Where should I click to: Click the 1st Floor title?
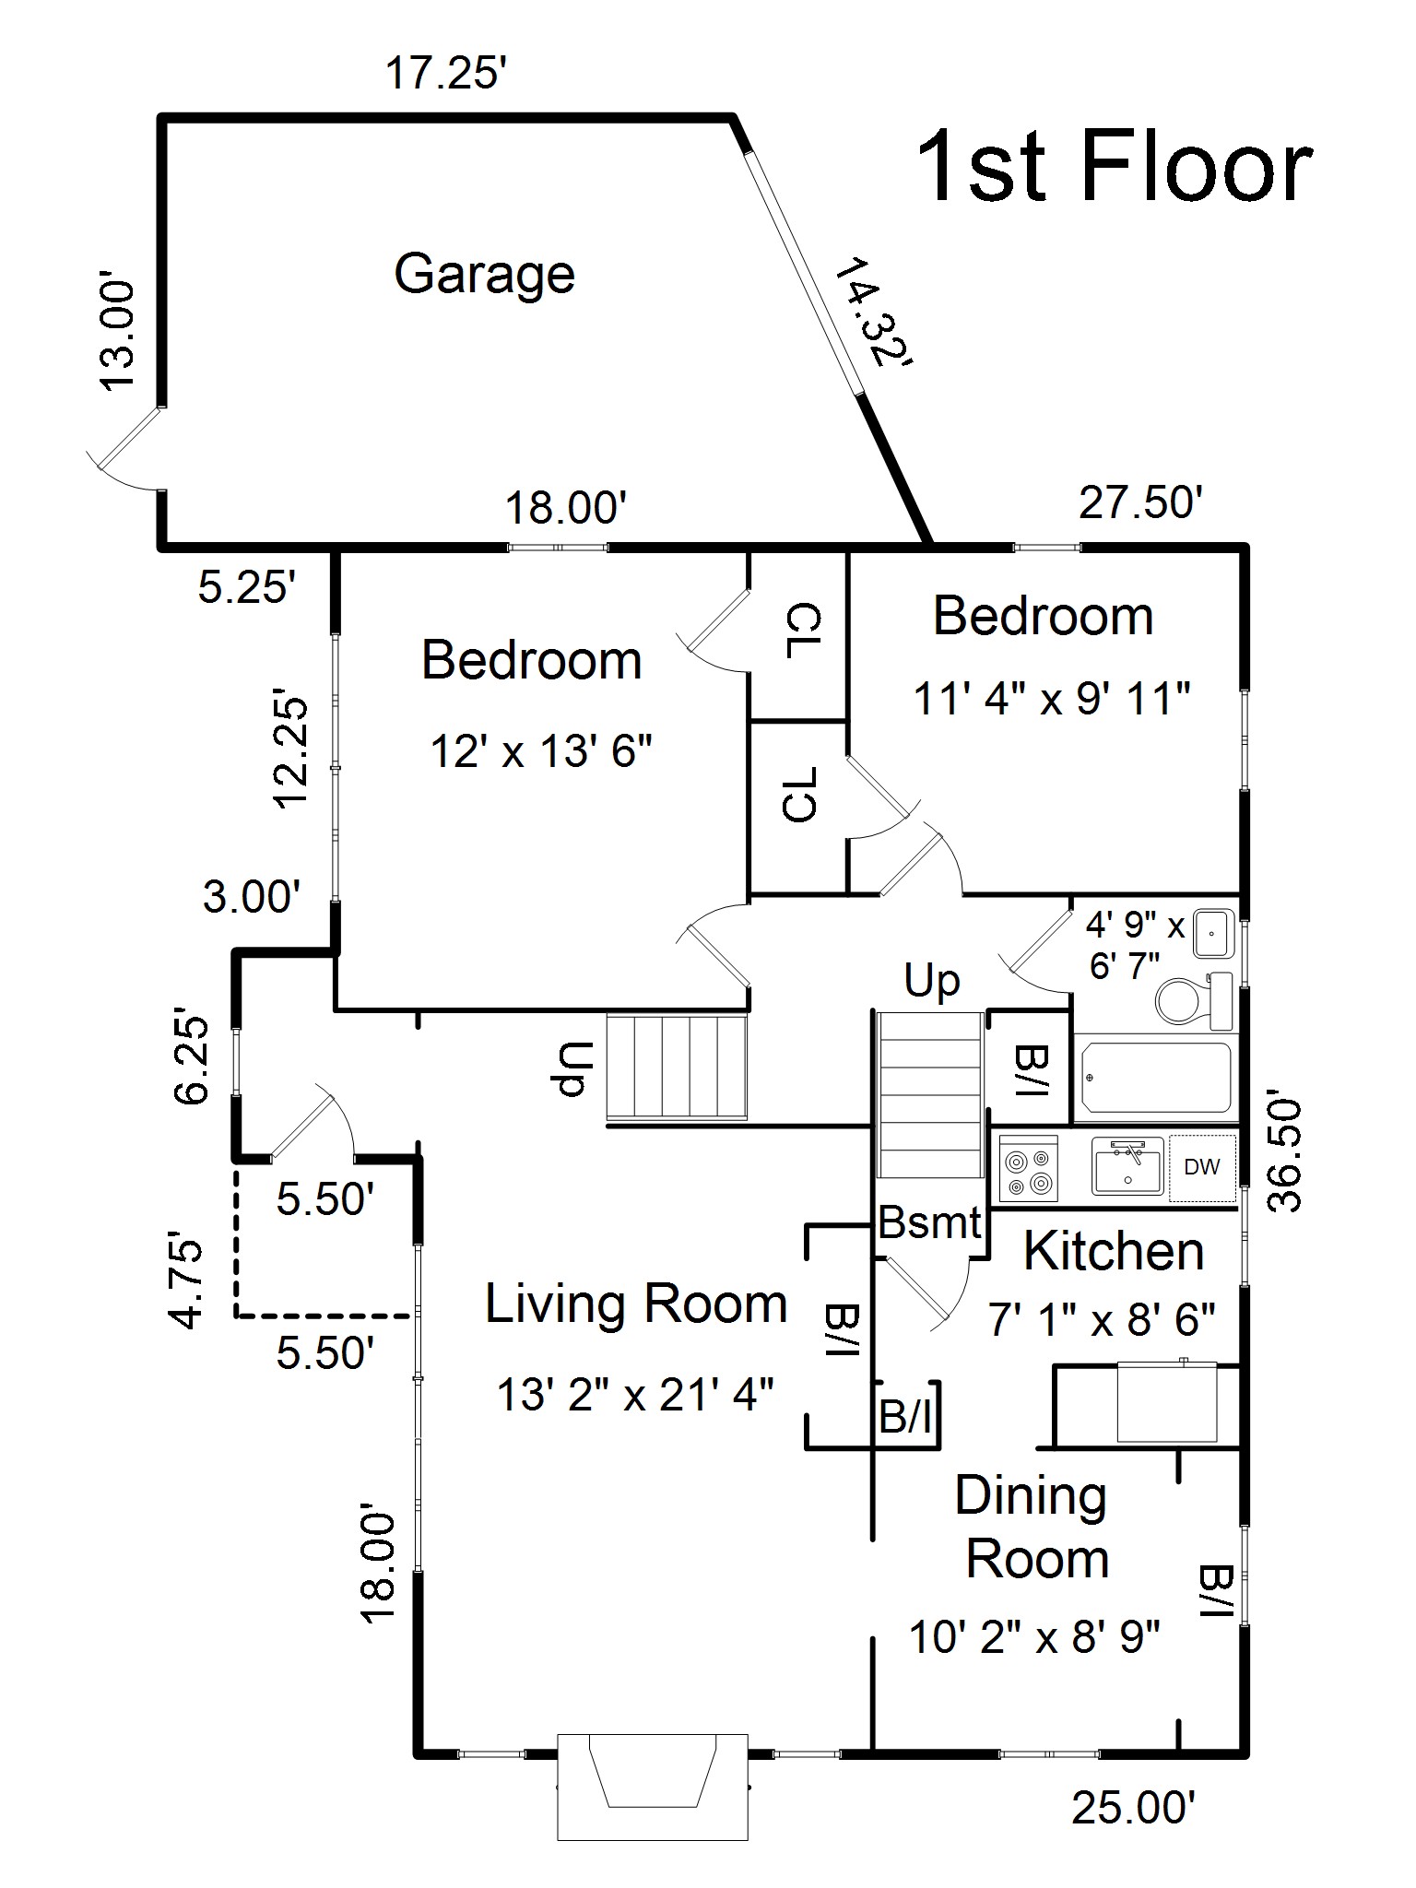1114,167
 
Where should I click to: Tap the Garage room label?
485,274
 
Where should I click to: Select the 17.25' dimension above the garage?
446,74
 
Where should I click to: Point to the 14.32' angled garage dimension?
872,313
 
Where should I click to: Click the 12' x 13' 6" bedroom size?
541,752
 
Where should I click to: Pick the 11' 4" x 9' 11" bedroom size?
1052,699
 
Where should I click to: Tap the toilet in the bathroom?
1188,999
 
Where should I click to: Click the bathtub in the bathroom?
1158,1078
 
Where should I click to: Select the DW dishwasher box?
1201,1168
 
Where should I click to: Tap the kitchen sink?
1128,1166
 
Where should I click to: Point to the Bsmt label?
929,1223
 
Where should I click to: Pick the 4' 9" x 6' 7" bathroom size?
1133,945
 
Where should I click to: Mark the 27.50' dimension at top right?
1140,503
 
